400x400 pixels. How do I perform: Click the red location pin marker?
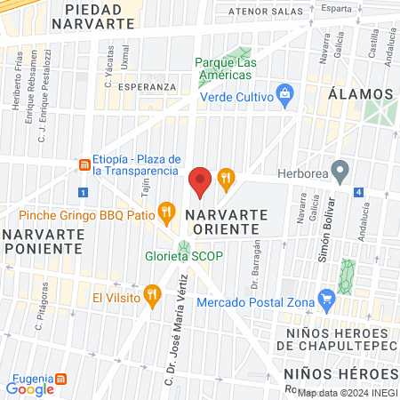click(x=200, y=181)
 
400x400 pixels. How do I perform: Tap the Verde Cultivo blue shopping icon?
click(x=284, y=92)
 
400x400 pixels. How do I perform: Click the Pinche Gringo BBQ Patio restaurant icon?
click(x=165, y=212)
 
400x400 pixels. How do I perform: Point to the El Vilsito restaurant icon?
click(x=153, y=292)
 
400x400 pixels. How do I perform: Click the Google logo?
click(x=30, y=388)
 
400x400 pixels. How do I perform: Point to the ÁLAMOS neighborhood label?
click(x=360, y=93)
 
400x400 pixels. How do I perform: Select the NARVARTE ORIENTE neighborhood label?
click(x=223, y=223)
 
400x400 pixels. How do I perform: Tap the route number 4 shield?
click(x=357, y=192)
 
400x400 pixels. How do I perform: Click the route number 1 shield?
click(x=83, y=192)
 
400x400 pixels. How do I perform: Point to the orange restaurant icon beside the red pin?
click(x=227, y=178)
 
